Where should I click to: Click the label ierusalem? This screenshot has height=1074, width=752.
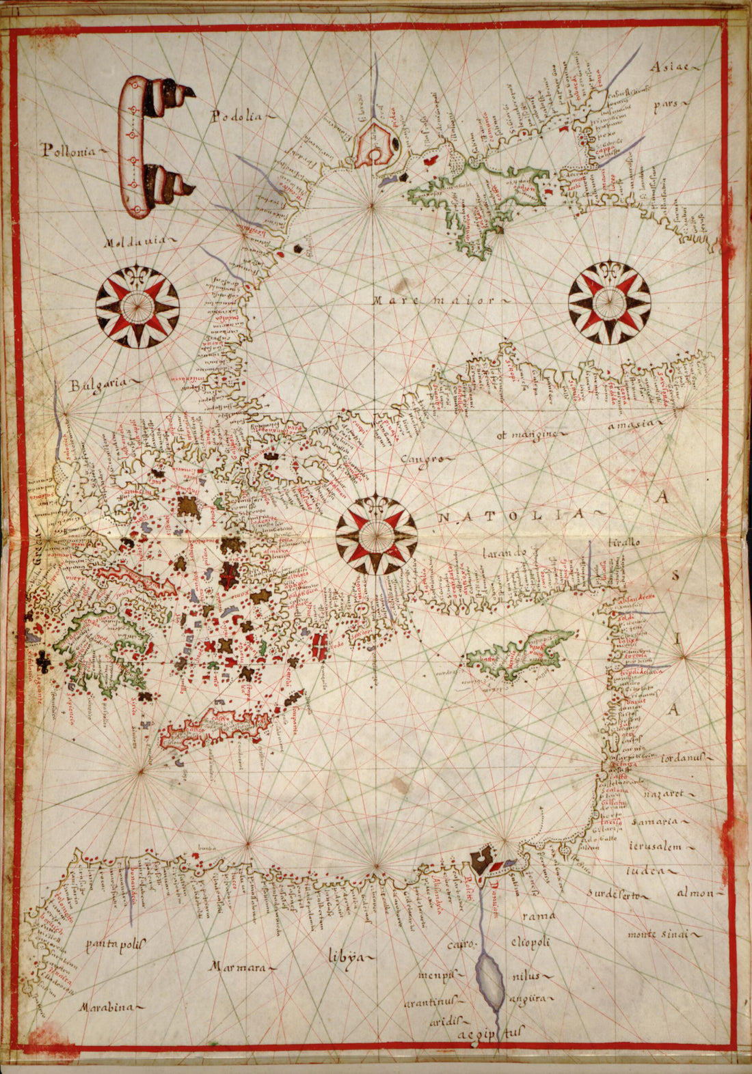[x=656, y=847]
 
